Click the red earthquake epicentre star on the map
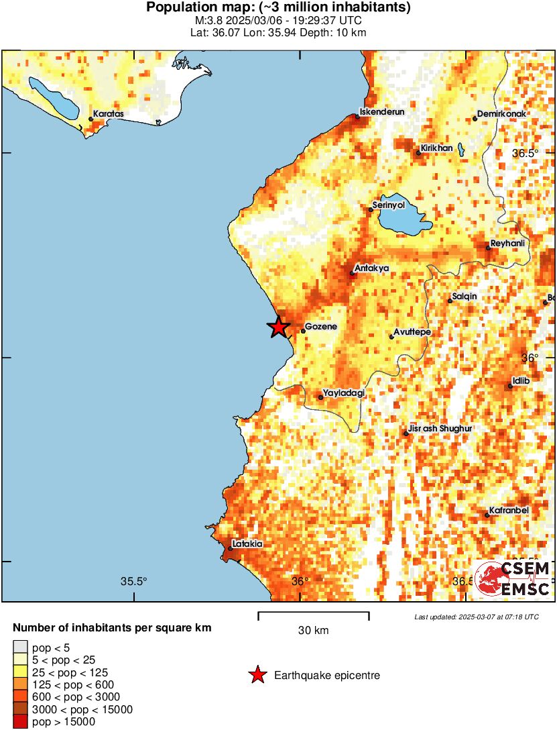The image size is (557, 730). click(278, 327)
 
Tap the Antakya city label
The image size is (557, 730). click(371, 268)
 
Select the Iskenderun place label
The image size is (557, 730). click(382, 112)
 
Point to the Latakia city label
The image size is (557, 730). click(247, 544)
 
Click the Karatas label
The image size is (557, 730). click(108, 114)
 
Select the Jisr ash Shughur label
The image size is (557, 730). click(440, 429)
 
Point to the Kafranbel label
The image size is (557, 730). click(509, 511)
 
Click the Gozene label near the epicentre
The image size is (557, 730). click(322, 327)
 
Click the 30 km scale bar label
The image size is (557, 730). click(313, 630)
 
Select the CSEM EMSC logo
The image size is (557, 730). click(513, 578)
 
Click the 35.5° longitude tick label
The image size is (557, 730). click(134, 581)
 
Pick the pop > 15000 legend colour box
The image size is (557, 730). click(21, 721)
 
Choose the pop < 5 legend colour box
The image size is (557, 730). click(21, 647)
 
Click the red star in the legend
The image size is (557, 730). click(257, 676)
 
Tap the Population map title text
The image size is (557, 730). click(278, 8)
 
